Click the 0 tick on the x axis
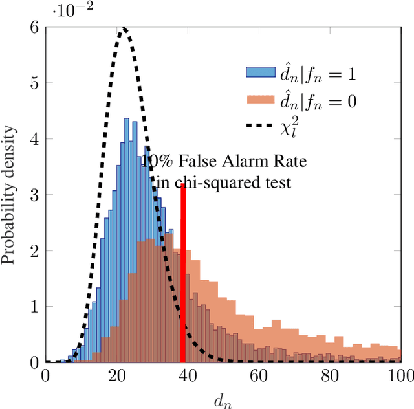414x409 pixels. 45,375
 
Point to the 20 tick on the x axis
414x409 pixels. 116,375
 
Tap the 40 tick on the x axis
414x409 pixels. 188,375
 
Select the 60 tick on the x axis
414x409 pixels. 259,375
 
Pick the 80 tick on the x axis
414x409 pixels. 331,375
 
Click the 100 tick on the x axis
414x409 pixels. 401,375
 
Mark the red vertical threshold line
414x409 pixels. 183,272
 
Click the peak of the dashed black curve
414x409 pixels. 124,28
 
